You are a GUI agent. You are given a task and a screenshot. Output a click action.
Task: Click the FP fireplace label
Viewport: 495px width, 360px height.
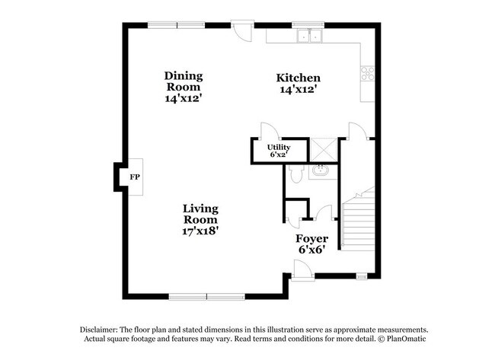point(135,177)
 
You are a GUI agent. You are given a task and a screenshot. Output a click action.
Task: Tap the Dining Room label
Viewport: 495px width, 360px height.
point(184,81)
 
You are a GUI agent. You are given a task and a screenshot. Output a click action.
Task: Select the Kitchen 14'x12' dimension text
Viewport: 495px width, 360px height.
point(299,89)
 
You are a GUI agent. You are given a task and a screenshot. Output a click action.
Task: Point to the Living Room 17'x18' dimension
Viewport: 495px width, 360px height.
point(200,231)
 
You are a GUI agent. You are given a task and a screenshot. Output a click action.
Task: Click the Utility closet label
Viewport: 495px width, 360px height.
point(279,148)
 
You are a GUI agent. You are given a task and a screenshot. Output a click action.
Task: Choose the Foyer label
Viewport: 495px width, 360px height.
point(312,238)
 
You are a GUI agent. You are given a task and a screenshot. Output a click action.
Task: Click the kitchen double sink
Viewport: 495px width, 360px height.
point(310,36)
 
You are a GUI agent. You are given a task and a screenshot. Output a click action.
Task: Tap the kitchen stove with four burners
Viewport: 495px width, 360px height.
point(368,73)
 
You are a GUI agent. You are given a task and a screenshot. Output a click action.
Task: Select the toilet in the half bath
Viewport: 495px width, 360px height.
point(296,174)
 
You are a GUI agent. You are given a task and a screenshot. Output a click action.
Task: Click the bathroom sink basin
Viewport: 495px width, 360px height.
point(321,170)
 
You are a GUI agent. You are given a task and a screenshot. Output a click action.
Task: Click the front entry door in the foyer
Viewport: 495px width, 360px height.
point(302,270)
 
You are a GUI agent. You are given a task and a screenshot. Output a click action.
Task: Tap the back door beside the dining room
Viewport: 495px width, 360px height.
point(242,31)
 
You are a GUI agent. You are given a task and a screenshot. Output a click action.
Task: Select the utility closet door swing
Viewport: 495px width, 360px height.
point(270,131)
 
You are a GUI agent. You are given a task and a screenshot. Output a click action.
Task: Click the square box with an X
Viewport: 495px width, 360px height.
point(324,150)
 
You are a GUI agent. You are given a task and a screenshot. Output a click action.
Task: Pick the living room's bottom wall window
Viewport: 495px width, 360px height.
point(207,297)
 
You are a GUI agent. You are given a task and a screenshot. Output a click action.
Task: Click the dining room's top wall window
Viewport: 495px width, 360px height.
point(177,25)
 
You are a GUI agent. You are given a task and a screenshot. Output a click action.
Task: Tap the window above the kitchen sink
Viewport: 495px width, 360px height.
point(308,25)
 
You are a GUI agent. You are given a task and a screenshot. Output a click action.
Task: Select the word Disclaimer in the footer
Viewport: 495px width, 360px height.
point(99,330)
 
